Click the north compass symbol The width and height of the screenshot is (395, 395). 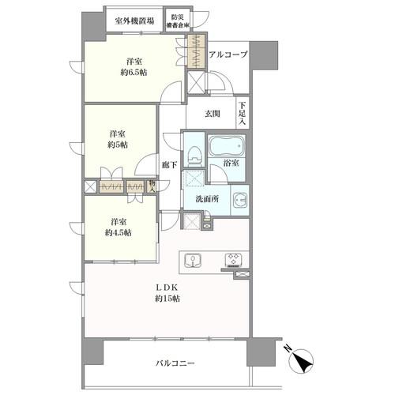(300, 360)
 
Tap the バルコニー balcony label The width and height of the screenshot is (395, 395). (175, 363)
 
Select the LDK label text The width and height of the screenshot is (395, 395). (167, 287)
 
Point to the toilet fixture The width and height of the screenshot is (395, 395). (194, 156)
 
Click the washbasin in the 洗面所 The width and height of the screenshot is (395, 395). (239, 200)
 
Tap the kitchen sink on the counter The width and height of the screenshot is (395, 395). (193, 261)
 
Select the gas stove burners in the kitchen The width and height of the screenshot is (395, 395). (233, 259)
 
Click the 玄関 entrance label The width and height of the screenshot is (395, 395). (213, 114)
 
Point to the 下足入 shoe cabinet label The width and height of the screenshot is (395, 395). (243, 114)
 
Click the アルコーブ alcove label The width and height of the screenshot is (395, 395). (228, 55)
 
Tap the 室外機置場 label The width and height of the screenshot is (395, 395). (134, 21)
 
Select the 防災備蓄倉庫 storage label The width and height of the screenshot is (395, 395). (178, 21)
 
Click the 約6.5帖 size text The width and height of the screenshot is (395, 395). (134, 73)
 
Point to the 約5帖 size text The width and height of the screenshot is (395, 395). (118, 145)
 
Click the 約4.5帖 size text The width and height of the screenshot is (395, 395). (118, 233)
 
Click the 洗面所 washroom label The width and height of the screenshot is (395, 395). (207, 199)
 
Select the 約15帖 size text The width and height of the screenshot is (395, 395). (167, 299)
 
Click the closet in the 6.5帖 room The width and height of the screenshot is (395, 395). (196, 51)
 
